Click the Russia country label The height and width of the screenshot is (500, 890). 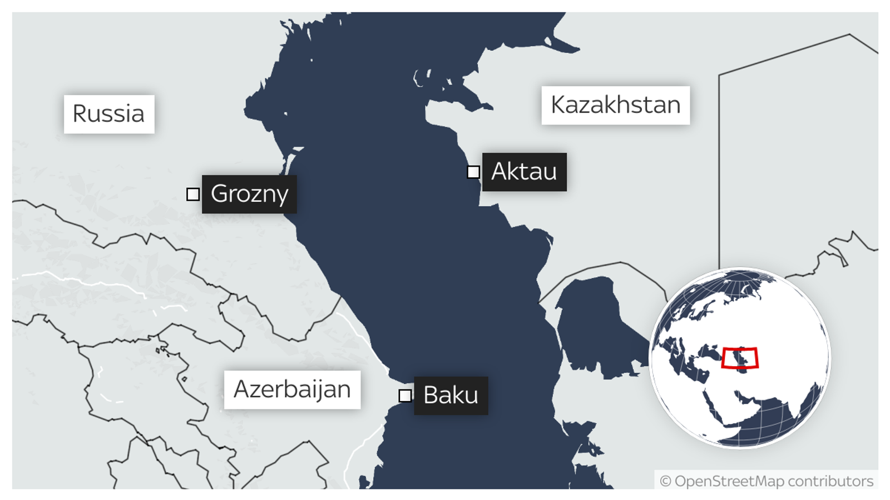click(108, 114)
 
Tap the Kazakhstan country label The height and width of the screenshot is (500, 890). click(615, 105)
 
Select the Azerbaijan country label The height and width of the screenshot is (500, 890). click(292, 389)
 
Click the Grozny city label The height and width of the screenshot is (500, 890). click(249, 194)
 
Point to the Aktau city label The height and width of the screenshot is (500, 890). click(524, 172)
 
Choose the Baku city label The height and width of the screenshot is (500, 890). click(451, 396)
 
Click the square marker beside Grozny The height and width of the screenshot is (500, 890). click(193, 194)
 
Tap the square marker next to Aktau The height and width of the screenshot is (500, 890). click(473, 172)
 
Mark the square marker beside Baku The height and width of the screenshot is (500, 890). click(405, 396)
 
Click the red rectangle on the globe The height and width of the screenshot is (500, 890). click(740, 358)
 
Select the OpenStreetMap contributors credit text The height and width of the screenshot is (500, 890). click(767, 481)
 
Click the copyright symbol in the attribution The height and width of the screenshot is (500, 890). click(665, 481)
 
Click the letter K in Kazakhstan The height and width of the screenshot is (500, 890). click(557, 105)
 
